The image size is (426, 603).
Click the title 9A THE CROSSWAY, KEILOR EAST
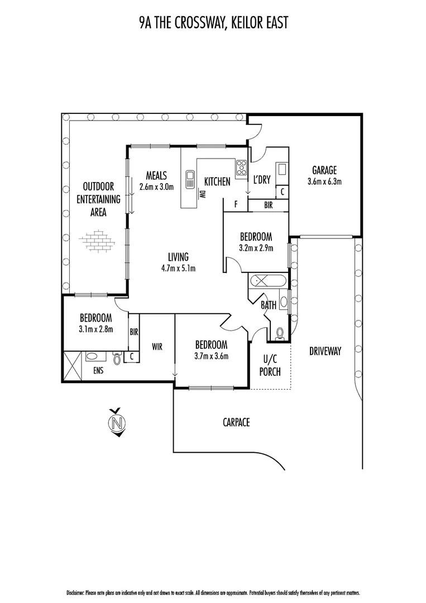pyautogui.click(x=213, y=22)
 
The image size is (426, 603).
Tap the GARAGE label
pyautogui.click(x=324, y=170)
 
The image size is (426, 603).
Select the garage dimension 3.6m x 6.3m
pyautogui.click(x=324, y=181)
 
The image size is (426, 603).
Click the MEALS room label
pyautogui.click(x=156, y=175)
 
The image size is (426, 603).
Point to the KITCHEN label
pyautogui.click(x=217, y=181)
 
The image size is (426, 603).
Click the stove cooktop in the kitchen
pyautogui.click(x=242, y=167)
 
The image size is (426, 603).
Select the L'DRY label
pyautogui.click(x=261, y=180)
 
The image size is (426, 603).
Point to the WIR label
pyautogui.click(x=156, y=347)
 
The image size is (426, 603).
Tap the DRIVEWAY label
pyautogui.click(x=324, y=351)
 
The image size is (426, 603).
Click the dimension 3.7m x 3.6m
pyautogui.click(x=211, y=356)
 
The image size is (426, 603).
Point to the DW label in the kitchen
pyautogui.click(x=202, y=194)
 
